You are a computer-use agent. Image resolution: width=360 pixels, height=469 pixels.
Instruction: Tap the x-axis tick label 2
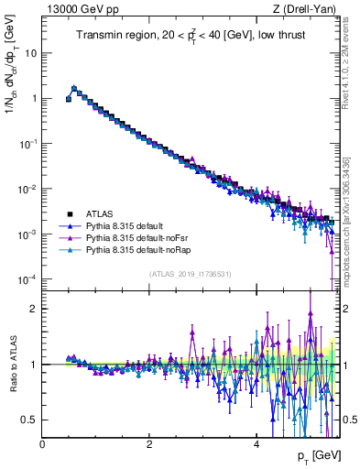149,442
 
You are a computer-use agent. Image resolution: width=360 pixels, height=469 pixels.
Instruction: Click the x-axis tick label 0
42,442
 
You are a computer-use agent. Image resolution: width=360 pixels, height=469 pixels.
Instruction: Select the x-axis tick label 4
256,442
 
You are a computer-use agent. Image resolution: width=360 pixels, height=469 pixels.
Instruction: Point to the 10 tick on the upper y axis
31,52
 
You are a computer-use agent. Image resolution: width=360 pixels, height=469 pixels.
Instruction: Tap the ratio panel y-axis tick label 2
34,308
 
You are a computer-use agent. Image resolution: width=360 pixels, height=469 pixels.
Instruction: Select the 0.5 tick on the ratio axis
29,420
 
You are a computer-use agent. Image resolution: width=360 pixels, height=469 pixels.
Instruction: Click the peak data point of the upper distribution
74,89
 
